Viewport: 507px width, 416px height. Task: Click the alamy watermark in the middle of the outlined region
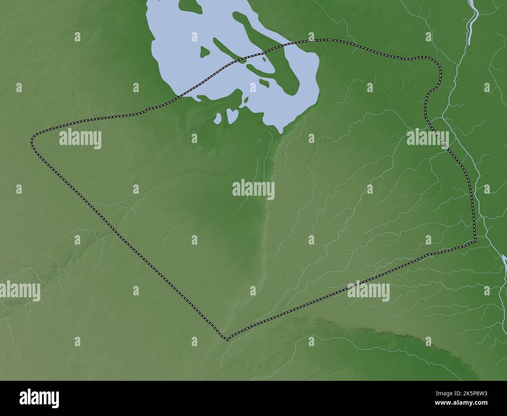point(253,190)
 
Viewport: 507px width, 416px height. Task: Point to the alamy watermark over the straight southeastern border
point(368,292)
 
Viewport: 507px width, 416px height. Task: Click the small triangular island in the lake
point(204,51)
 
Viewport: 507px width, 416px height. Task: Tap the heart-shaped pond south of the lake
point(232,115)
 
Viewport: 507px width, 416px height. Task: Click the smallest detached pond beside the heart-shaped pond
point(219,117)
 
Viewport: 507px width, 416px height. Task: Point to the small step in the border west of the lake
point(147,110)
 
